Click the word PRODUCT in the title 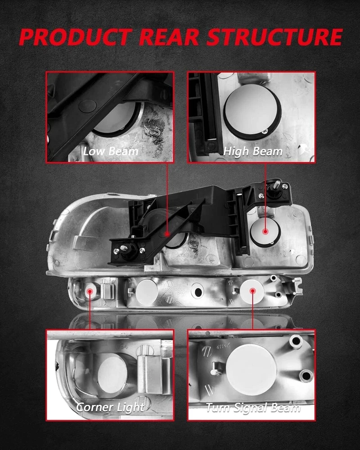coord(76,37)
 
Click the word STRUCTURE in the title coord(274,37)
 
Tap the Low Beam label coord(111,151)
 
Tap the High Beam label coord(252,152)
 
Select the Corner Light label coord(110,407)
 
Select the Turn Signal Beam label coord(253,407)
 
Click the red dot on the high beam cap coord(265,231)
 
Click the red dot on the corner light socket coord(90,291)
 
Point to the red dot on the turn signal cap coord(252,291)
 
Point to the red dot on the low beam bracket coord(167,234)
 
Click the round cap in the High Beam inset coord(252,112)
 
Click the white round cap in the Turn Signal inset coord(251,370)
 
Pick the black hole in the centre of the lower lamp coord(198,292)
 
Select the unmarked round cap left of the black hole coord(147,292)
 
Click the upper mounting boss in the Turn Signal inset coord(296,341)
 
